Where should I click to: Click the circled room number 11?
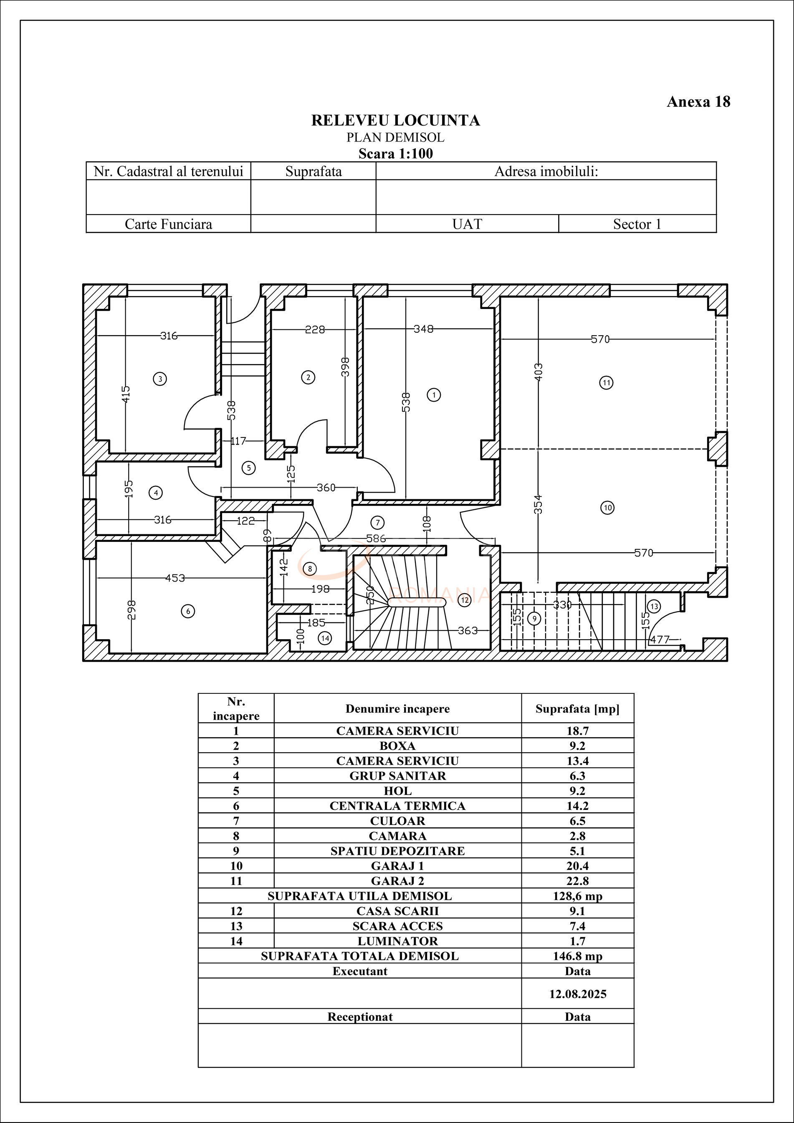[x=607, y=382]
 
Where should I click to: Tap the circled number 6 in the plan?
[x=188, y=611]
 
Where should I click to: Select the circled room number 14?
[x=325, y=638]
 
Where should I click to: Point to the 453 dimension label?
[x=174, y=578]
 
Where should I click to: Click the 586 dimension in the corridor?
[x=376, y=539]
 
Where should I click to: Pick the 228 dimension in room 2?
[x=315, y=330]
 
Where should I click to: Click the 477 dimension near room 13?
[x=660, y=639]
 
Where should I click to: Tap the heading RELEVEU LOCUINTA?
[x=395, y=120]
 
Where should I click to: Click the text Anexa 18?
[x=698, y=102]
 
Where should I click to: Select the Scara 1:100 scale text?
[x=395, y=154]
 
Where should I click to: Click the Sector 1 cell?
[x=637, y=224]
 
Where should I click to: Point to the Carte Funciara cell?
[x=168, y=224]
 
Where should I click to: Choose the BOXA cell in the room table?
[x=397, y=746]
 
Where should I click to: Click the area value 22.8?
[x=577, y=881]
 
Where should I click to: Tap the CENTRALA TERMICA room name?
[x=397, y=806]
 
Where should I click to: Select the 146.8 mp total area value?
[x=577, y=956]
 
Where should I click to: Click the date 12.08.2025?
[x=578, y=994]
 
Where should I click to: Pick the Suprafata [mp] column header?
[x=577, y=709]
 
